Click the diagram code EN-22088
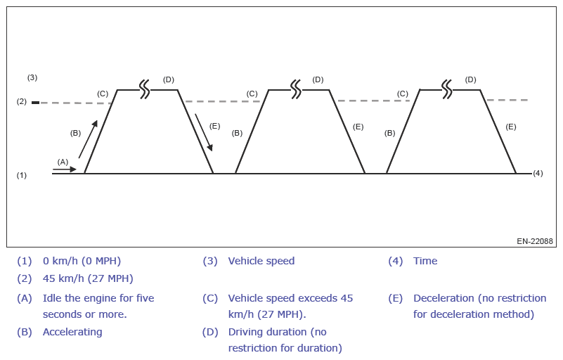click(x=535, y=241)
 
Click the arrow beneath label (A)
click(x=64, y=169)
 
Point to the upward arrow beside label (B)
click(x=88, y=139)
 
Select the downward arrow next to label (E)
click(x=203, y=131)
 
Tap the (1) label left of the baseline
click(x=22, y=175)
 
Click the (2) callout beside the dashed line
click(x=22, y=102)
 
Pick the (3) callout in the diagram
click(x=32, y=77)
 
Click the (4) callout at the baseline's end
click(x=538, y=173)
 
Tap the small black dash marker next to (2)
click(x=35, y=103)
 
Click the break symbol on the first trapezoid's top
click(x=144, y=89)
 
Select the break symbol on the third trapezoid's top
click(x=447, y=89)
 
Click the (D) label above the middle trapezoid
click(x=318, y=79)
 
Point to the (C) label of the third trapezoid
click(x=403, y=94)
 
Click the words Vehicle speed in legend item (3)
click(x=261, y=261)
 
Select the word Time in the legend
click(x=425, y=261)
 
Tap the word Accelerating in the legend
click(x=72, y=332)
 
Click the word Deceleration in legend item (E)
click(x=444, y=298)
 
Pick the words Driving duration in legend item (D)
click(x=268, y=332)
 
